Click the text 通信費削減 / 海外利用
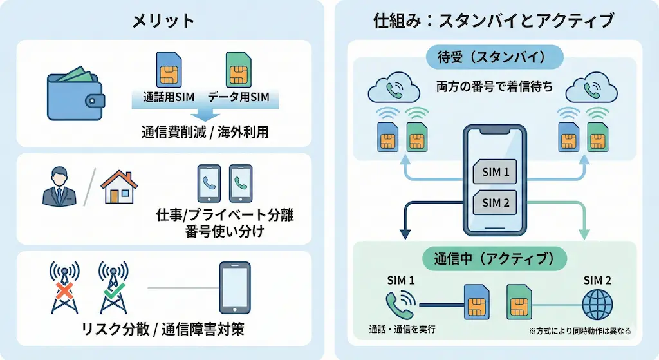click(x=205, y=133)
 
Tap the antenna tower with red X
click(x=64, y=288)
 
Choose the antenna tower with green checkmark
click(x=113, y=288)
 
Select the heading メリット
click(x=163, y=21)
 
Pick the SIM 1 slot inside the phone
click(x=496, y=172)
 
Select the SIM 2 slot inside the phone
click(x=496, y=204)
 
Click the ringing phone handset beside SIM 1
click(x=400, y=303)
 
